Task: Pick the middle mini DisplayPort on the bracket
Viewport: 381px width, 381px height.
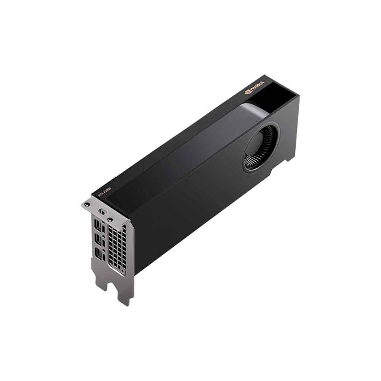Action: (x=100, y=240)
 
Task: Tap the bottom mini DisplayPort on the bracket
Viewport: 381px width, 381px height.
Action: (x=99, y=254)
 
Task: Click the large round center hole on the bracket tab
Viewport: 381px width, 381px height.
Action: (x=101, y=211)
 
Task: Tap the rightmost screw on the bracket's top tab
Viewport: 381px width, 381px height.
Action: (x=110, y=219)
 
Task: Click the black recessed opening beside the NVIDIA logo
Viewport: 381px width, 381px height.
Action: (x=280, y=97)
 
